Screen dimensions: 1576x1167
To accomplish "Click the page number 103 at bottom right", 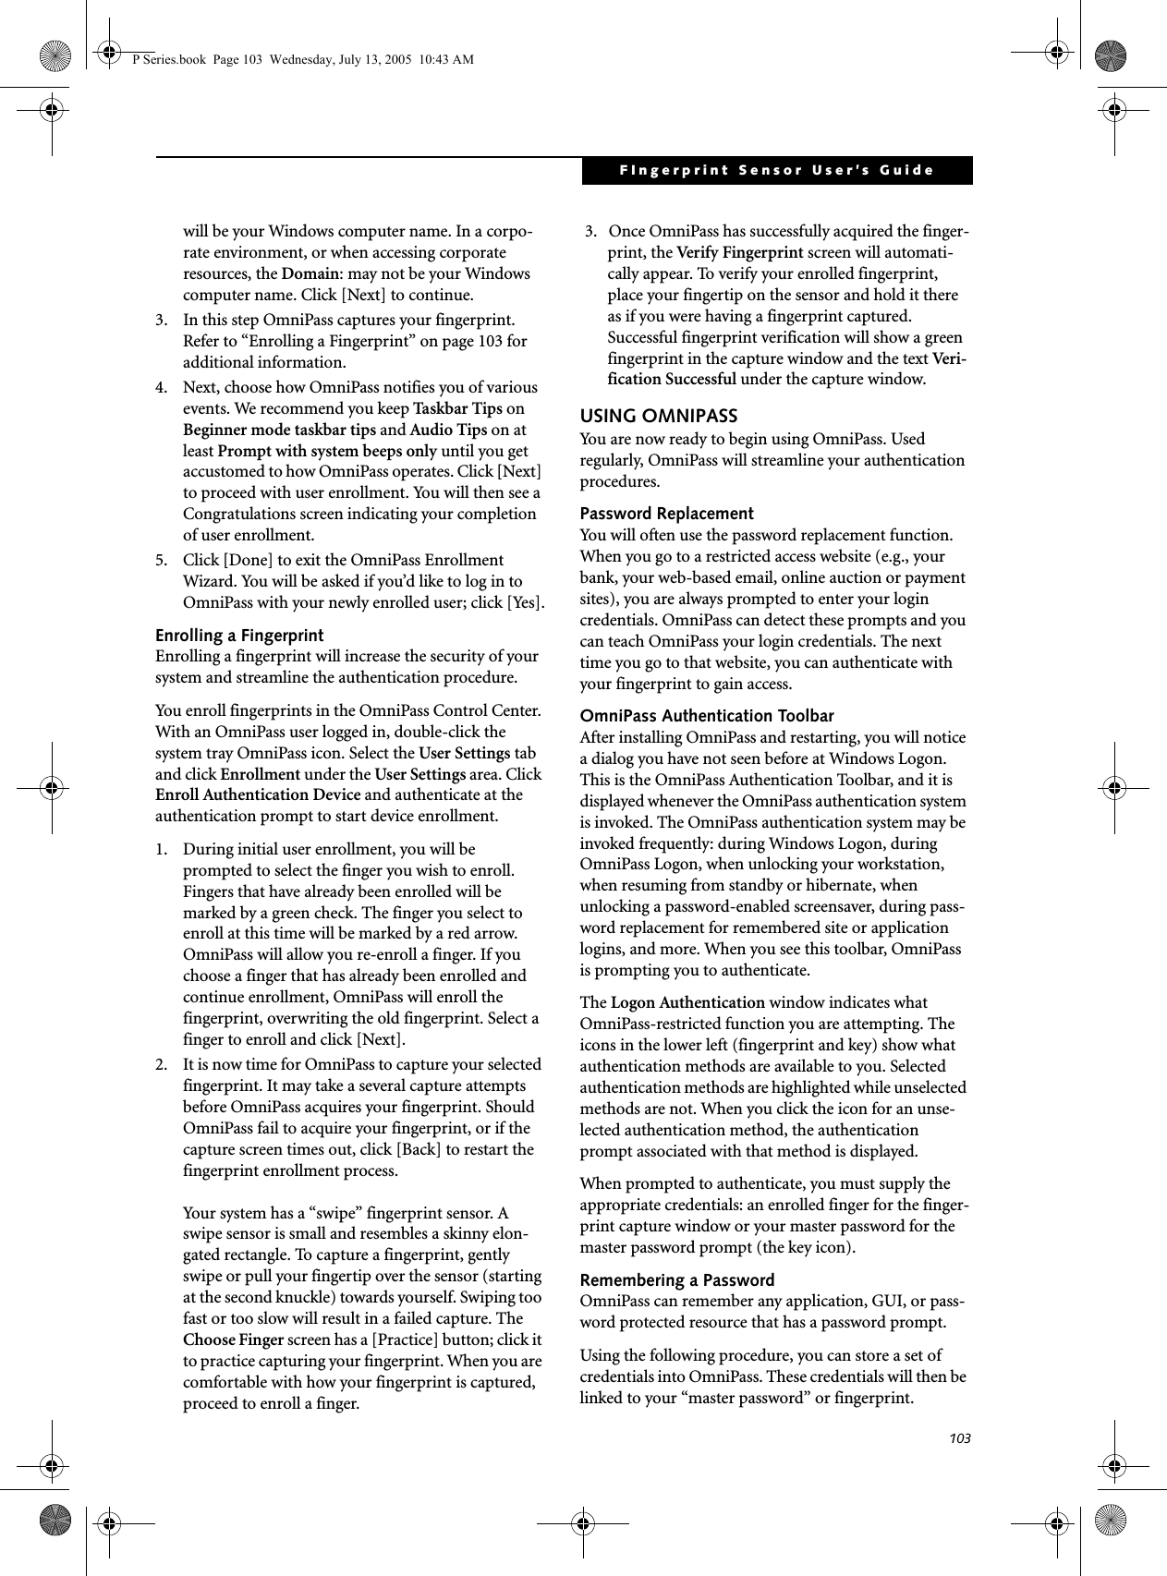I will tap(959, 1439).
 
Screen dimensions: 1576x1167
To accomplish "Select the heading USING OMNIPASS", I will tap(658, 417).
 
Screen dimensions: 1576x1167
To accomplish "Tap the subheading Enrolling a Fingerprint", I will tap(239, 636).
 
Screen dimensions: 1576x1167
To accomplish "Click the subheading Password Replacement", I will tap(666, 514).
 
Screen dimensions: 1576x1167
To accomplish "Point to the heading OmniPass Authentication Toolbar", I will tap(706, 716).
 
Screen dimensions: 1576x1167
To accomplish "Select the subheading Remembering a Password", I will tap(676, 1280).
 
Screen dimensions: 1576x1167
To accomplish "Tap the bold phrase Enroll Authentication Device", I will tap(258, 795).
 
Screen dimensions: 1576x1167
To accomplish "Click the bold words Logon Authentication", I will tap(687, 1003).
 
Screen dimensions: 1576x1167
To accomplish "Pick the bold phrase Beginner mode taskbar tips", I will tap(279, 430).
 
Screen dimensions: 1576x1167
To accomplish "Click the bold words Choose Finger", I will tap(234, 1340).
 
